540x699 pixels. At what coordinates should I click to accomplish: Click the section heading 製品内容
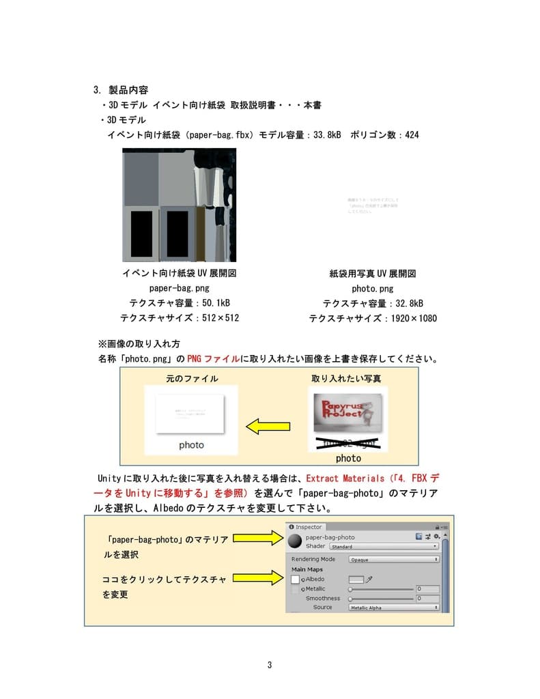[x=128, y=89]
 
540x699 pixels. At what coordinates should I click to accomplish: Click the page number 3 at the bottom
[x=270, y=665]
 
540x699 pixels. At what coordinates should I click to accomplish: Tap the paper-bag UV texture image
[x=179, y=205]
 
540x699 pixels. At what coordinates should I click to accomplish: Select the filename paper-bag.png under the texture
[x=179, y=289]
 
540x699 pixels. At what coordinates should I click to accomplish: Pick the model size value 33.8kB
[x=327, y=134]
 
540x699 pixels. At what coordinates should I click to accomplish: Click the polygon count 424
[x=412, y=134]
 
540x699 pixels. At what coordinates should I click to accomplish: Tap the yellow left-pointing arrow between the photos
[x=268, y=427]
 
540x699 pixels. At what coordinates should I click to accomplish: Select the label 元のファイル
[x=192, y=378]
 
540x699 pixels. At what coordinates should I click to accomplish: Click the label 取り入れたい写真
[x=347, y=378]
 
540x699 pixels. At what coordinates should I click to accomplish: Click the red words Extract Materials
[x=345, y=479]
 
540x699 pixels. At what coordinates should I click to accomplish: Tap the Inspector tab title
[x=308, y=527]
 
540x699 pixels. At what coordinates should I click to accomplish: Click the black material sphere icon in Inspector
[x=295, y=541]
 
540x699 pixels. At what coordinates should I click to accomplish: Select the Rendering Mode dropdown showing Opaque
[x=393, y=559]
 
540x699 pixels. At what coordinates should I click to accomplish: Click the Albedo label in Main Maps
[x=315, y=579]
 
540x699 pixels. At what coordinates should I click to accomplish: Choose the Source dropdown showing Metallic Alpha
[x=393, y=608]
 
